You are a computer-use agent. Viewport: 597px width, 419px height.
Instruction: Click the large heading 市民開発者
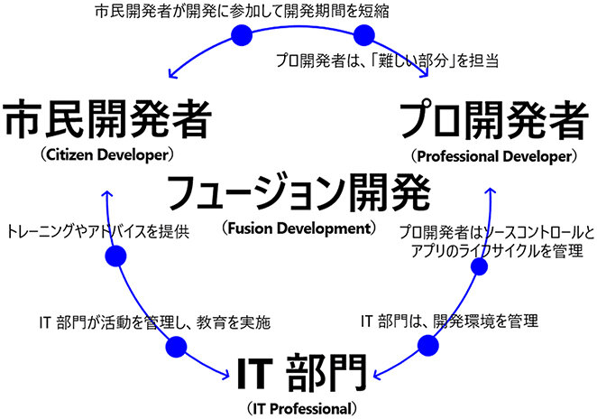pos(108,120)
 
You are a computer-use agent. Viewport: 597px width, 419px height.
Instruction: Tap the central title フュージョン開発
pos(298,191)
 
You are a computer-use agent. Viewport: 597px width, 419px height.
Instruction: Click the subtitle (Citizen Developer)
pos(106,154)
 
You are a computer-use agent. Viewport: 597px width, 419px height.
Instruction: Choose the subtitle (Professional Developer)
pos(491,154)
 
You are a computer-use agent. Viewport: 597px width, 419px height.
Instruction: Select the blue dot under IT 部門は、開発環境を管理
pos(429,345)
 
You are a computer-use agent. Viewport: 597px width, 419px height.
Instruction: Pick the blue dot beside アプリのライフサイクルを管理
pos(479,267)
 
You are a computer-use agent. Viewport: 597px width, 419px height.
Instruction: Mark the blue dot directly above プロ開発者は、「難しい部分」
pos(364,34)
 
